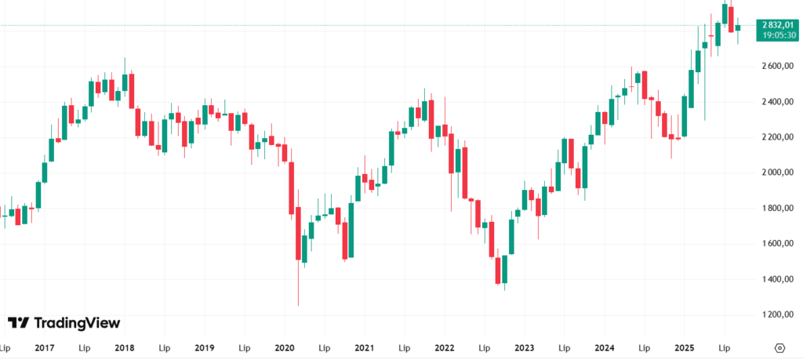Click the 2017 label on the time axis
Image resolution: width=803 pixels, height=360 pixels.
(44, 347)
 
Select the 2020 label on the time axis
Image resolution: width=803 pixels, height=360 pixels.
(285, 347)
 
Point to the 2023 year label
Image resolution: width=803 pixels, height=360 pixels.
(525, 347)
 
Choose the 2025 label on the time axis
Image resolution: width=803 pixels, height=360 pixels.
(685, 347)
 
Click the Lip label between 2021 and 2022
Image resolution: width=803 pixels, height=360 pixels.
(405, 347)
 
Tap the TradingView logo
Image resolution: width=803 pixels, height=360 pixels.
(64, 322)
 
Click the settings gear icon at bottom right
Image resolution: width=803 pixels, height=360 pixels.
(780, 347)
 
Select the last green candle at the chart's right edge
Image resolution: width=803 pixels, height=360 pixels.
(737, 27)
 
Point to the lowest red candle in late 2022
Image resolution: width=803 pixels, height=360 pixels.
(498, 271)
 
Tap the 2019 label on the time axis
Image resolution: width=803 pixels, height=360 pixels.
(205, 347)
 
